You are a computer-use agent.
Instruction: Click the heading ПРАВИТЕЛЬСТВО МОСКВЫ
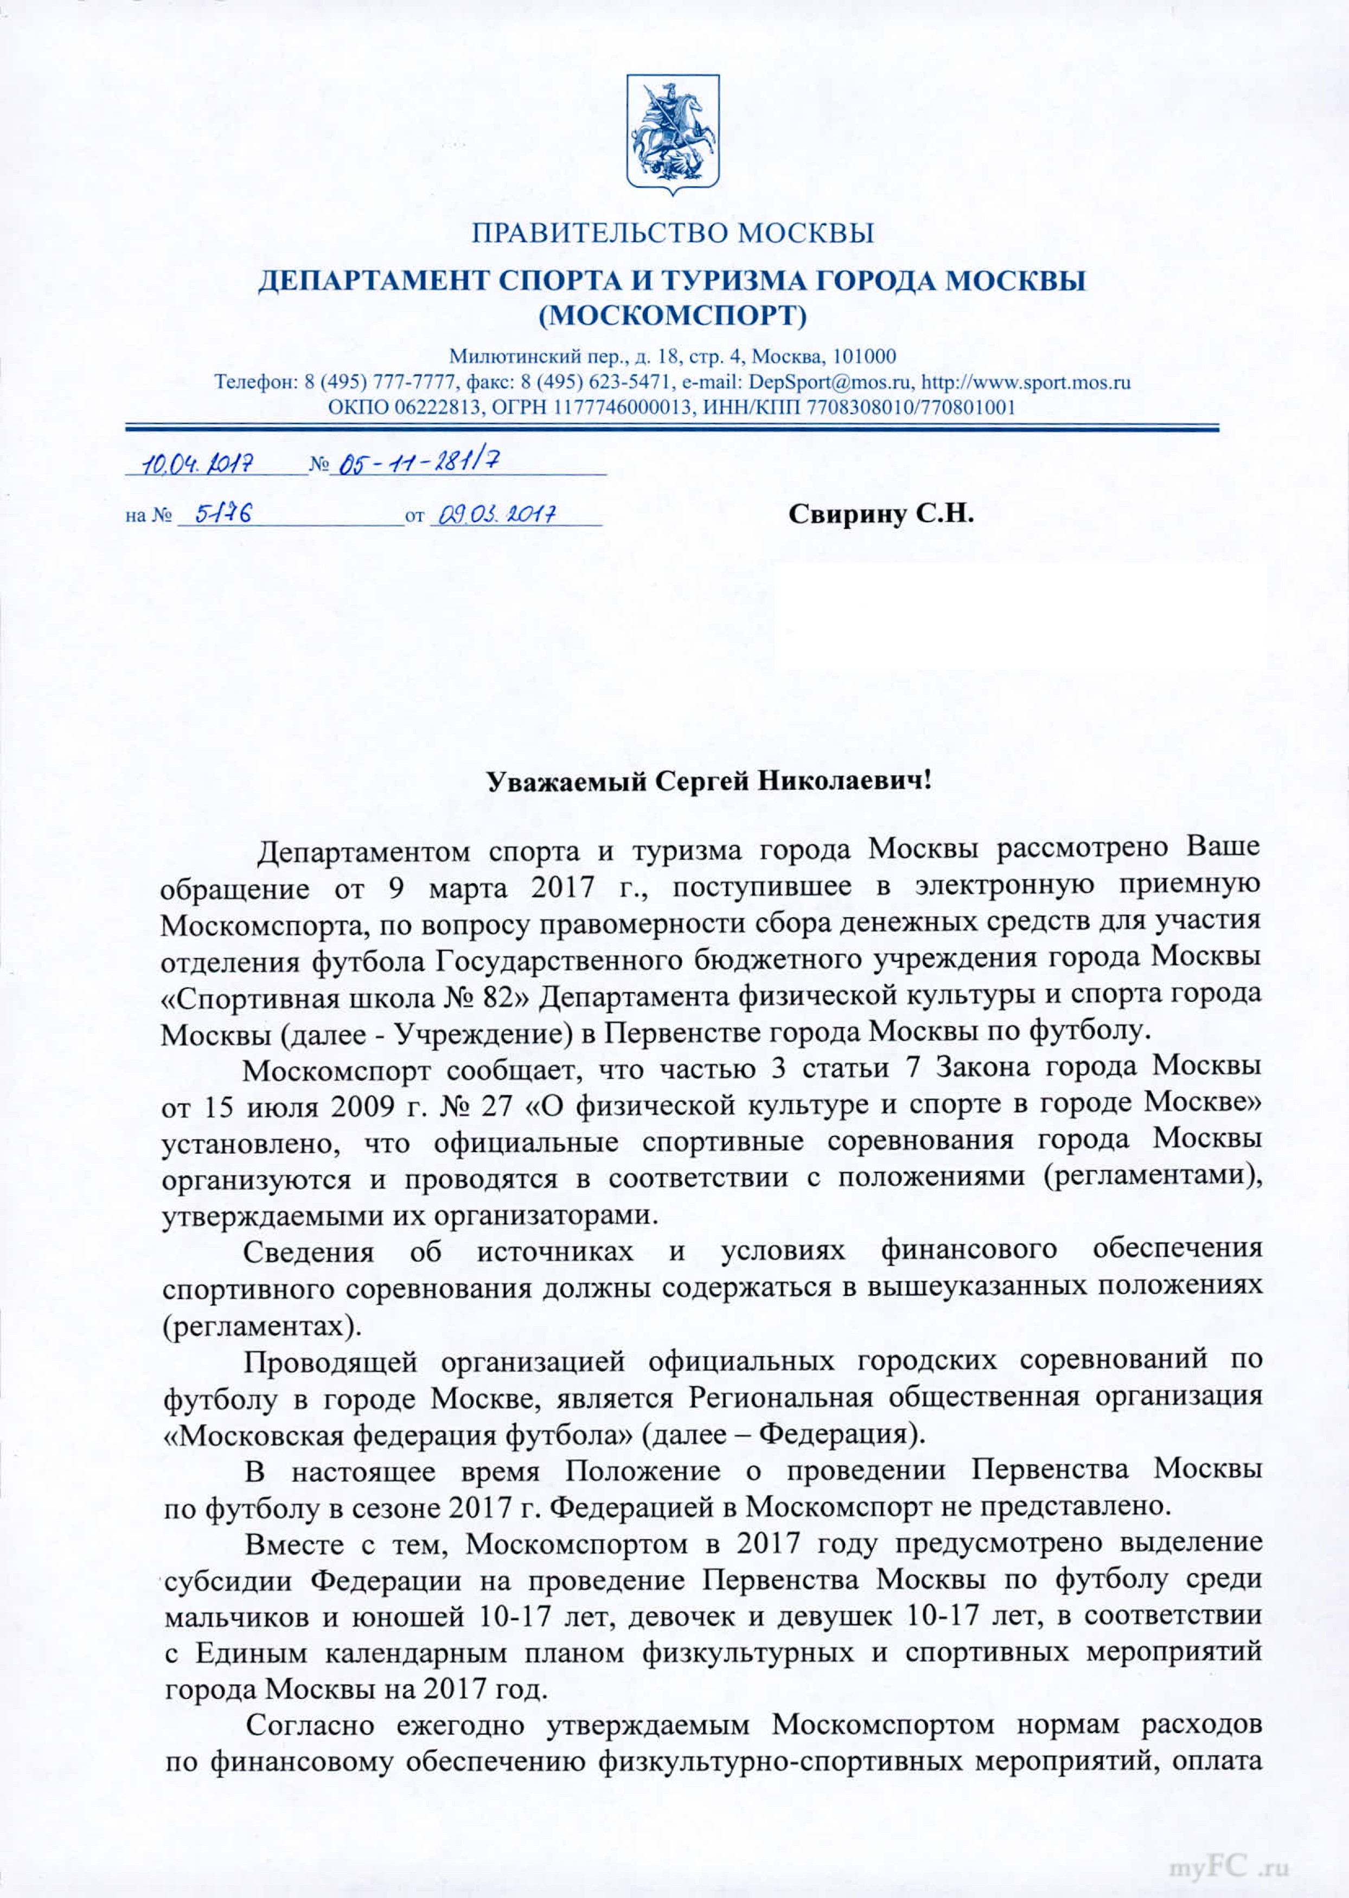click(x=673, y=233)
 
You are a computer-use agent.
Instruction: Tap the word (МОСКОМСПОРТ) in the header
click(x=673, y=316)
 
